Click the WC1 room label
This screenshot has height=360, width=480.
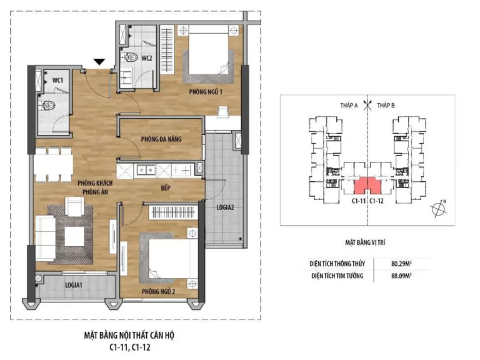point(57,81)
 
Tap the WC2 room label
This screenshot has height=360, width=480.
point(147,58)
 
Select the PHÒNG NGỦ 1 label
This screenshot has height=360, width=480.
point(206,91)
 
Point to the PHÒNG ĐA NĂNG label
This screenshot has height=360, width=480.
point(161,139)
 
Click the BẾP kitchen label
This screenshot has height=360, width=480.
point(165,187)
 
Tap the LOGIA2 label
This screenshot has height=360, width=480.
point(225,207)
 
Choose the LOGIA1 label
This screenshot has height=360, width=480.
point(74,285)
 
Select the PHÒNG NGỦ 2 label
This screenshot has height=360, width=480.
point(158,291)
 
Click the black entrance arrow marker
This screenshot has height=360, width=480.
point(99,62)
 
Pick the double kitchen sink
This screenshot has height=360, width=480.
point(146,170)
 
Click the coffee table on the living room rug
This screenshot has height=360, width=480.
point(74,237)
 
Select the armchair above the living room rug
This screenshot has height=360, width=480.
point(75,206)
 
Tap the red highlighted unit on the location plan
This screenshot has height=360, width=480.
point(367,185)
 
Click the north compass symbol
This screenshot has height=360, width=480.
point(439,209)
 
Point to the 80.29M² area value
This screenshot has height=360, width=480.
point(401,263)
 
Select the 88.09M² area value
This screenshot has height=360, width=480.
point(401,276)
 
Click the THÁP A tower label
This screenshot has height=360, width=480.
point(349,105)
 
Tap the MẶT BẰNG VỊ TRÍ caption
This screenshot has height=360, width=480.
point(365,242)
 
